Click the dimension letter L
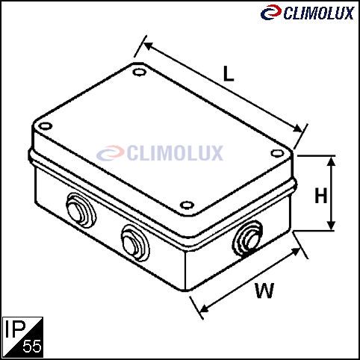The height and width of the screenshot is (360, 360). (x=229, y=74)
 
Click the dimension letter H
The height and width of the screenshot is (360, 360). (x=320, y=196)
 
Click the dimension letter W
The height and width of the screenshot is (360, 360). (x=264, y=291)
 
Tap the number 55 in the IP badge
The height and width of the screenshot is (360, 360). (x=32, y=346)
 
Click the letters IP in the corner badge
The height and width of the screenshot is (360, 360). (x=16, y=329)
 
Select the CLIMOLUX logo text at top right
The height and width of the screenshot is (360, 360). (x=319, y=13)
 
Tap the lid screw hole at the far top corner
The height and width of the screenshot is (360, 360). (x=140, y=72)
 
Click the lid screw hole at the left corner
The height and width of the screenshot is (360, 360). (x=46, y=126)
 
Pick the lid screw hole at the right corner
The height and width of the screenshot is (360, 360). (x=277, y=153)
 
